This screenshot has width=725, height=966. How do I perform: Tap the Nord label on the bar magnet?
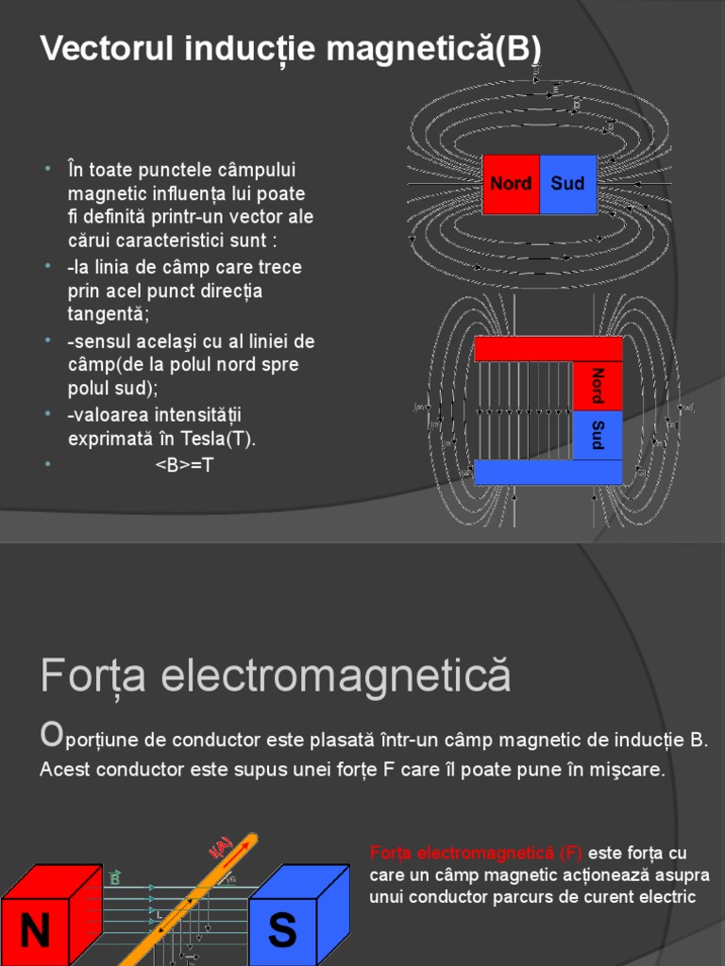511,183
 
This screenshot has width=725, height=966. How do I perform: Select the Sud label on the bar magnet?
567,183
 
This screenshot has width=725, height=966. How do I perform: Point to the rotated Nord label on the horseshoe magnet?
597,386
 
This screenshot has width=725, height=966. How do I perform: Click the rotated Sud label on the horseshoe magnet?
597,435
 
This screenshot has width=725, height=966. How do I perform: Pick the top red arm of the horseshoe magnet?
548,348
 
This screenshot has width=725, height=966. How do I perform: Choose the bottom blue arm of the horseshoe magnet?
548,472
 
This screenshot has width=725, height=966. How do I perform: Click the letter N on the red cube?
35,932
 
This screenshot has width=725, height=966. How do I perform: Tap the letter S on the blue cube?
281,932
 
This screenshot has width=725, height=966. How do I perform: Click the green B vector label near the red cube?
115,878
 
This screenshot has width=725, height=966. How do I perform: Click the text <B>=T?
185,464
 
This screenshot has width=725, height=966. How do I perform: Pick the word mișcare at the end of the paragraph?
632,770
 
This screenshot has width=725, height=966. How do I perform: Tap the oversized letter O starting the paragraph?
52,737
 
